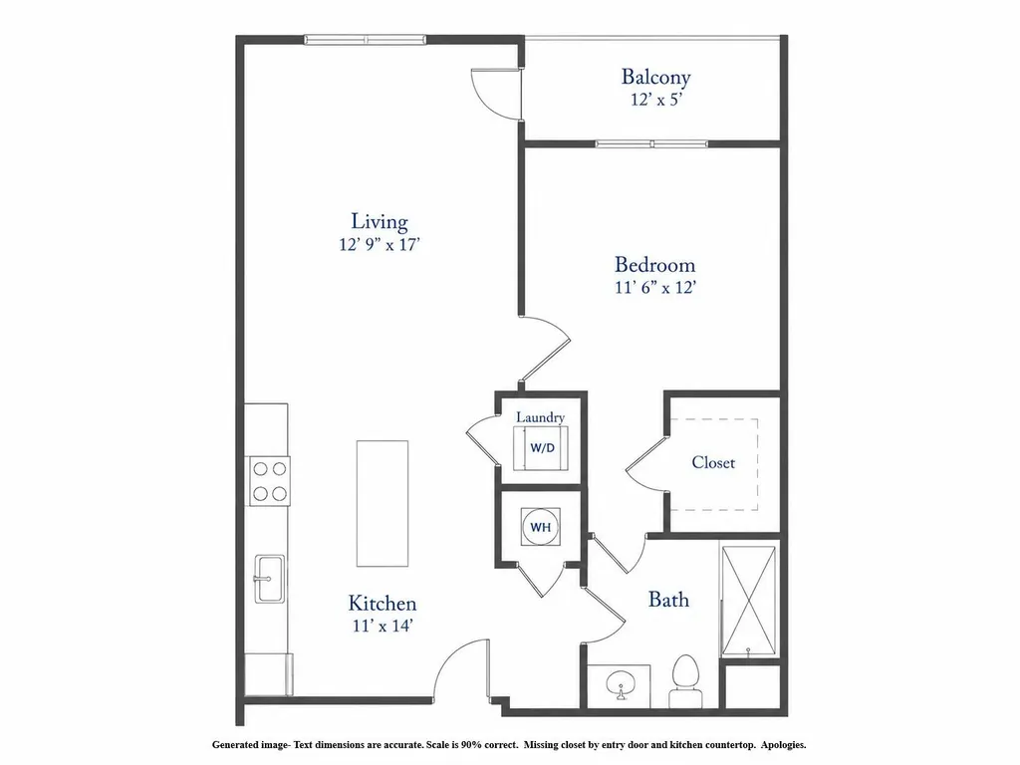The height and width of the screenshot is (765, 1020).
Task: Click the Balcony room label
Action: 655,78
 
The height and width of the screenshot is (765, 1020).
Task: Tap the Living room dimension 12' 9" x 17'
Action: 380,245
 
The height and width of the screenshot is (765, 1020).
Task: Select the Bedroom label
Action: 655,265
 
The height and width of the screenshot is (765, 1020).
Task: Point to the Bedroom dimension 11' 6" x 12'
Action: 655,287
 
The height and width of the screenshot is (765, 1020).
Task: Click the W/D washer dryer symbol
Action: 541,447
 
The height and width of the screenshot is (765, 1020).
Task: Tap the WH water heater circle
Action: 541,528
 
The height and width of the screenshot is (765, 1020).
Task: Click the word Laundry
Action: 541,417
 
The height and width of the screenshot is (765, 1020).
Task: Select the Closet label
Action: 713,462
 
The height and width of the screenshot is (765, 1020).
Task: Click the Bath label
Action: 668,599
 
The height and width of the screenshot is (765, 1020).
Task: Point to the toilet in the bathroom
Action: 685,680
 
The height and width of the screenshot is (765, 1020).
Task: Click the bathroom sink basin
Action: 620,685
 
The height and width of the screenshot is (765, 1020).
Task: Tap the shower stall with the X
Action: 749,601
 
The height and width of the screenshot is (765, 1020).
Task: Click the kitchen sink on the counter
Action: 269,579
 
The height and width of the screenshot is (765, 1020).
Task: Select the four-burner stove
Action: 270,481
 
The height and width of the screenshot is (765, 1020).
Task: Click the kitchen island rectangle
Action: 382,503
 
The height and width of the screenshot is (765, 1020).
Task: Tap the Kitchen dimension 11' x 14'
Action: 382,626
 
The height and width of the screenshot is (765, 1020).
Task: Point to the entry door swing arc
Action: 452,663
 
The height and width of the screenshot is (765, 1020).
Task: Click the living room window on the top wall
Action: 366,40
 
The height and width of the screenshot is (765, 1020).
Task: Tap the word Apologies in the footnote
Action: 784,745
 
